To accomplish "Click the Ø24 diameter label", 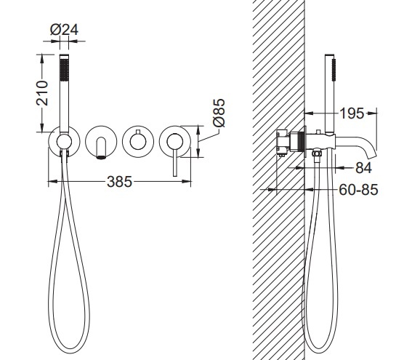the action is click(x=64, y=30).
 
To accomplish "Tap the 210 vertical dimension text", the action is click(x=42, y=93).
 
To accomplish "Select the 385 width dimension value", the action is click(x=119, y=182).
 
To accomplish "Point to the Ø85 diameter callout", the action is click(x=219, y=113).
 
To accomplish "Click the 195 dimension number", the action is click(x=352, y=113).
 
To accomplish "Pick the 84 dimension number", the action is click(x=363, y=168).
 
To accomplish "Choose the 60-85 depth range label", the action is click(x=358, y=190).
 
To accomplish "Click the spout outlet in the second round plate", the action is click(x=101, y=148).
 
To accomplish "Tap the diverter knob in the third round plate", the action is click(x=138, y=141).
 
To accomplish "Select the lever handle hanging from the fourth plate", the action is click(x=175, y=162).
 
